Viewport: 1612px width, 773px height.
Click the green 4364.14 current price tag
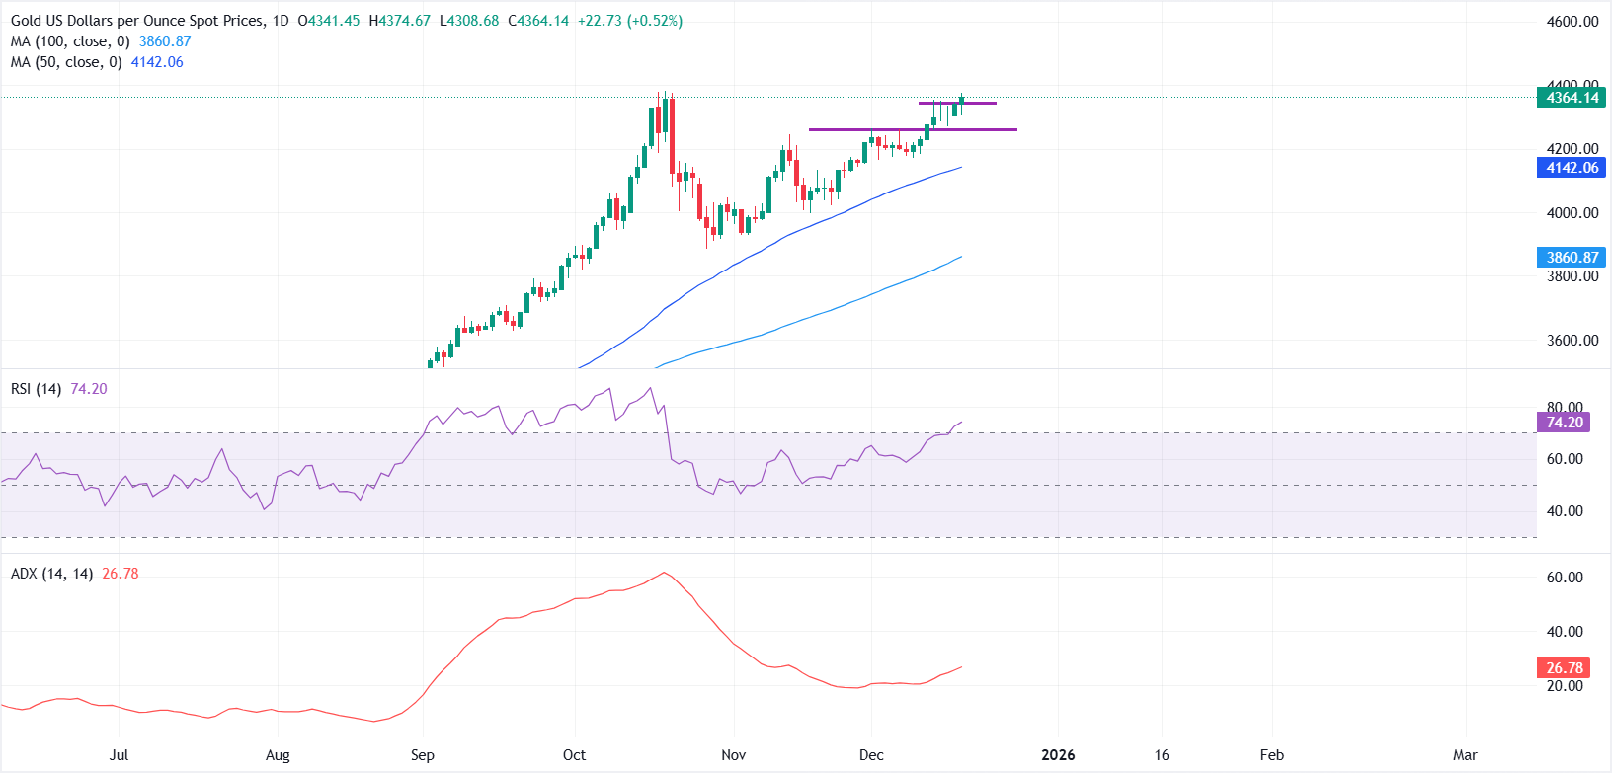pos(1572,98)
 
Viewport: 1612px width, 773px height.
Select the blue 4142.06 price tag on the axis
pos(1572,168)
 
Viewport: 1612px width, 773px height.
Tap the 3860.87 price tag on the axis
pos(1572,258)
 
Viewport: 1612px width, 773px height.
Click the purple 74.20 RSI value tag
pos(1564,423)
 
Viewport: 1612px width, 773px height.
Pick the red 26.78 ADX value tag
pos(1564,668)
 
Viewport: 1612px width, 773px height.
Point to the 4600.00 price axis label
pos(1572,22)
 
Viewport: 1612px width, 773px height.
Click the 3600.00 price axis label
pos(1572,341)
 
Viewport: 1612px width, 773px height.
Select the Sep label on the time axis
pos(422,755)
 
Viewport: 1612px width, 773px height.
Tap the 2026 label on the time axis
pos(1058,755)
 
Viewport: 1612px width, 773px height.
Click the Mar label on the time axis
pos(1465,755)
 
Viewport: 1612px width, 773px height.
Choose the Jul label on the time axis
pos(119,755)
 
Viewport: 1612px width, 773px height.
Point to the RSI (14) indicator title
pos(36,389)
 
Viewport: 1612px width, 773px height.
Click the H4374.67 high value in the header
pos(399,21)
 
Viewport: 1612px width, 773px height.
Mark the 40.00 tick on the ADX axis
pos(1565,632)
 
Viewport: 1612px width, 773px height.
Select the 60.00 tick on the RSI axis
pos(1565,459)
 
